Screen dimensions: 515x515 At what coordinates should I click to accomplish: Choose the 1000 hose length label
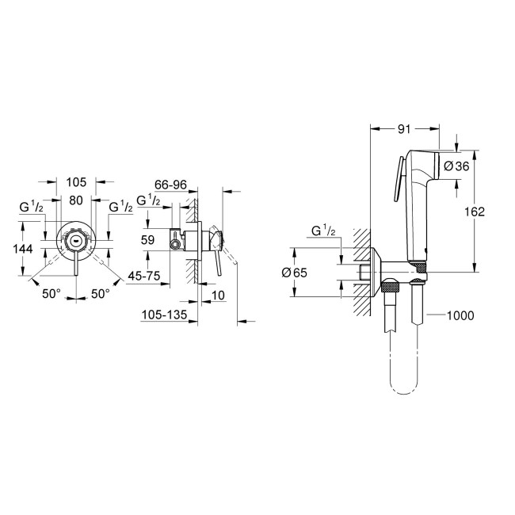(460, 316)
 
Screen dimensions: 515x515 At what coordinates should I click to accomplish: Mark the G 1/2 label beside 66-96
(149, 201)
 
